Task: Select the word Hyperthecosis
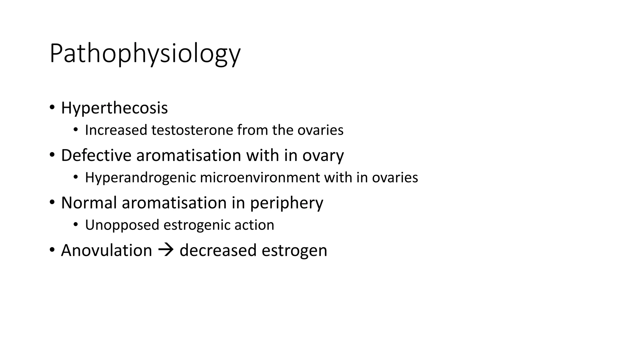(114, 108)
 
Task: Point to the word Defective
(96, 155)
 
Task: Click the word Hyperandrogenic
(140, 178)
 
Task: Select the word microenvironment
(260, 177)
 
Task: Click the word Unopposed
(122, 225)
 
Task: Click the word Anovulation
(107, 251)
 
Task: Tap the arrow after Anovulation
(166, 250)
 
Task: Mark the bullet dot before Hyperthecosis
(52, 107)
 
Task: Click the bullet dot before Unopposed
(75, 224)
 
